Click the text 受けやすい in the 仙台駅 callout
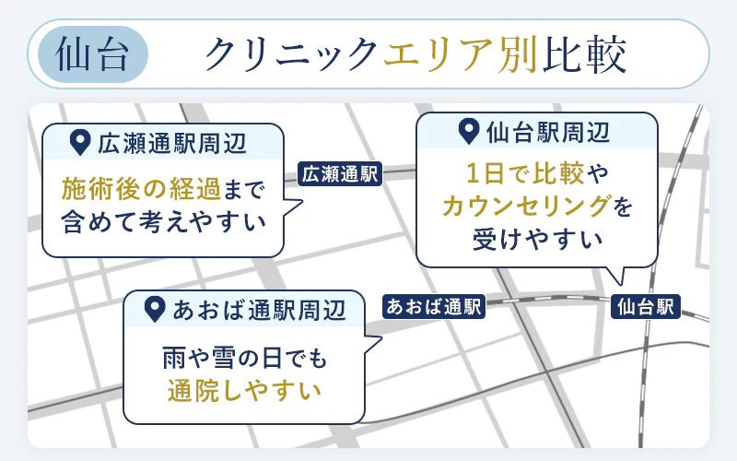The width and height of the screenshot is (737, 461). [x=538, y=239]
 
